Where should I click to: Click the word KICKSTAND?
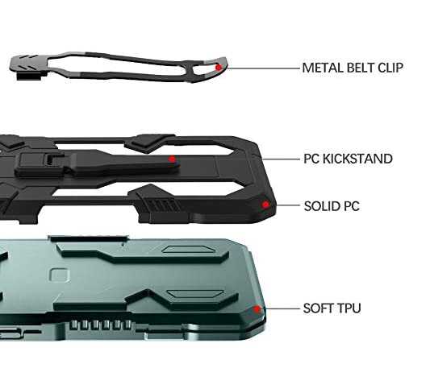point(357,159)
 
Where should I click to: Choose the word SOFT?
point(318,308)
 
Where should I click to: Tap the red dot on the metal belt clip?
point(219,68)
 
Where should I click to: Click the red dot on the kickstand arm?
point(172,159)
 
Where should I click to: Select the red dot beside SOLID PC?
point(265,205)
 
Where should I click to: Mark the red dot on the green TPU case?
point(257,309)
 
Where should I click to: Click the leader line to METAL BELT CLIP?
point(263,68)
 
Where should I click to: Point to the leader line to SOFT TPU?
point(282,308)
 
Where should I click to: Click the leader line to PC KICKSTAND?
point(281,159)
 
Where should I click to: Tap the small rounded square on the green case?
point(59,275)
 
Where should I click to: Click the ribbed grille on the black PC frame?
point(162,205)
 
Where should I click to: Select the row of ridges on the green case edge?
point(101,325)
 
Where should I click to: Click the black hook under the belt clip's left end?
point(29,77)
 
